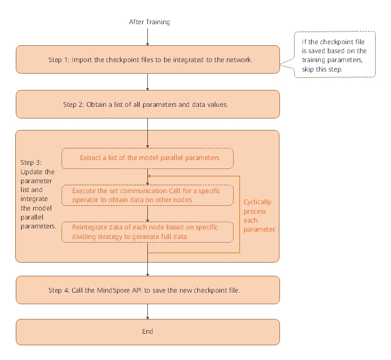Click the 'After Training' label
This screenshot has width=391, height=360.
[149, 22]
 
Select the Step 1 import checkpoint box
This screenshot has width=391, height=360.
[147, 59]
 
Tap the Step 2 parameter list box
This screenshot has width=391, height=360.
[147, 104]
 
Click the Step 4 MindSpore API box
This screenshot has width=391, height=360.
[147, 289]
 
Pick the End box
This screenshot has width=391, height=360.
[147, 332]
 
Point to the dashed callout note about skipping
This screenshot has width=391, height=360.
[335, 54]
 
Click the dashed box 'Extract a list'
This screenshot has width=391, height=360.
[147, 157]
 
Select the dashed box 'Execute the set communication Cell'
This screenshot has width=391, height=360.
[147, 195]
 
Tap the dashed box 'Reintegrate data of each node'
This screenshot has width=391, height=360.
[147, 232]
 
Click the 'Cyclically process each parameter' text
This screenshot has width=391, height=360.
[258, 216]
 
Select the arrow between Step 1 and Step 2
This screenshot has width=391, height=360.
[147, 82]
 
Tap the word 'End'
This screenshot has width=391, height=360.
[147, 332]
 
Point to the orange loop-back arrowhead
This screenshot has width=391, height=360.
[150, 175]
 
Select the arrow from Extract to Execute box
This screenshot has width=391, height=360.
[147, 176]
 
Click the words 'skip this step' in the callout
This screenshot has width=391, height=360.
[321, 69]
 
